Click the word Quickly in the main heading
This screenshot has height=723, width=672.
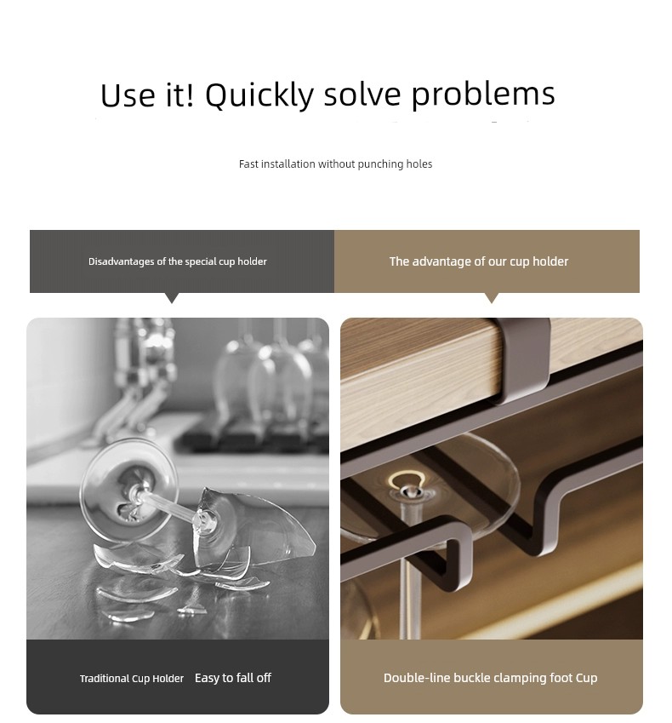259,95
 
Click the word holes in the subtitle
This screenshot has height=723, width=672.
419,164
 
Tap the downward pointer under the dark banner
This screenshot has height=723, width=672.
172,298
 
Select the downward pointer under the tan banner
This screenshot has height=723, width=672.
492,298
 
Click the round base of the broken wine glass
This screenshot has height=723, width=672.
128,490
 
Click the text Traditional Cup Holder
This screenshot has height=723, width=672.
132,679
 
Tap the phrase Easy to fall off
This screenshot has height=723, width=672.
233,678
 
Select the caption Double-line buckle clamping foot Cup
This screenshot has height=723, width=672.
491,678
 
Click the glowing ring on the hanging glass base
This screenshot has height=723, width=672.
405,482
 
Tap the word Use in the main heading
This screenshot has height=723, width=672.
127,96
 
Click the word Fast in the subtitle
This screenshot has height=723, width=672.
248,164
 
